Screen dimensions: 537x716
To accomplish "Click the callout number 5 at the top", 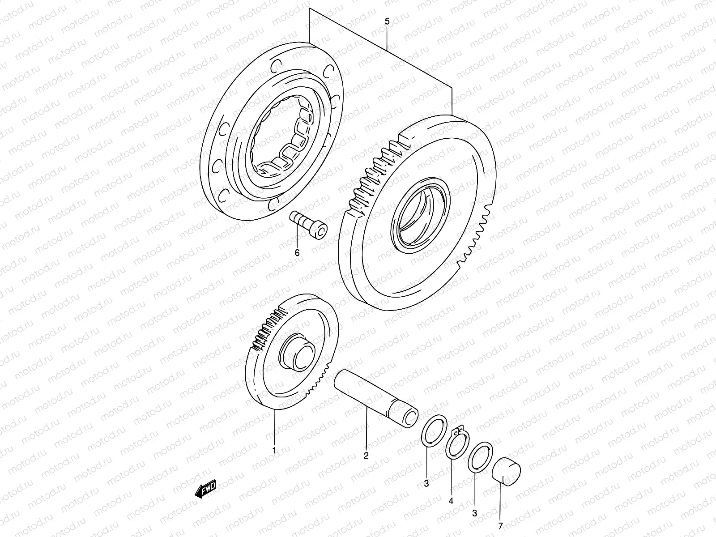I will point(387,21).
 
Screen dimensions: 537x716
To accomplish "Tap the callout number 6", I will point(297,253).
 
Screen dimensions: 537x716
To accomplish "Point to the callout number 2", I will point(366,456).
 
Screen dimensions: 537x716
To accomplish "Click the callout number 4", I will point(451,501).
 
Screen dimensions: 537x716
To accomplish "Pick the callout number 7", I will point(501,525).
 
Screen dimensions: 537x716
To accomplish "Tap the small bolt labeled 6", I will point(309,226).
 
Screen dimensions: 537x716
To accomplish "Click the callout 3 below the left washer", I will point(426,483).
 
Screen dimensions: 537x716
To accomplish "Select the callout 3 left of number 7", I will point(475,513).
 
